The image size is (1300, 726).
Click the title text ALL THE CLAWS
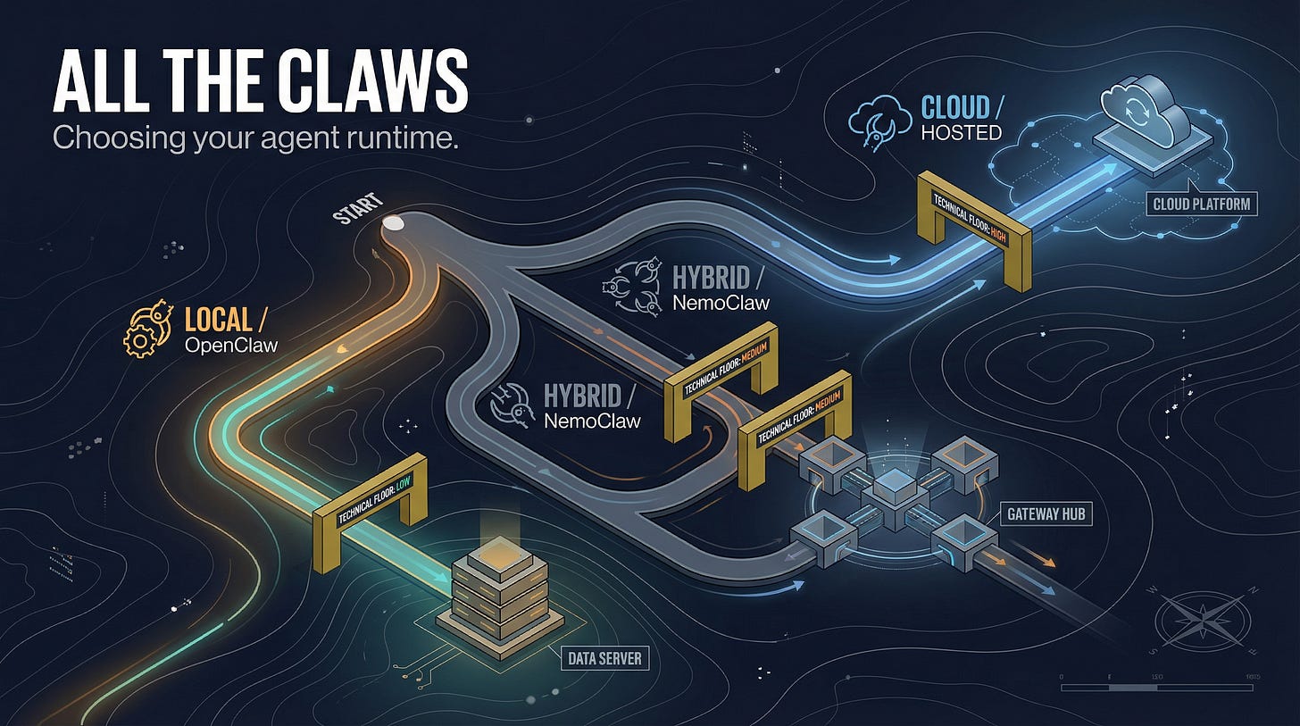pos(259,81)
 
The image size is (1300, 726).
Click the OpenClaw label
pos(230,344)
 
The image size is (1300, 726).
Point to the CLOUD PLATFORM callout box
pos(1201,204)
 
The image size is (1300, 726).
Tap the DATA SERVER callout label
pos(604,660)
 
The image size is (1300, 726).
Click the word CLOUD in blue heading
pos(955,108)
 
